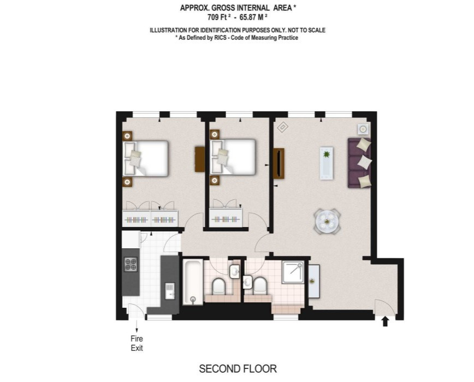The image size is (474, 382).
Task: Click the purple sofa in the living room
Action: (359, 163)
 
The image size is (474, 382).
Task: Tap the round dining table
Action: (327, 222)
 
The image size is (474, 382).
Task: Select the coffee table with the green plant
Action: (327, 163)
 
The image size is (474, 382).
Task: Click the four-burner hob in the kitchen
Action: (131, 264)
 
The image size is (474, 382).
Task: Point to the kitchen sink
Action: (170, 291)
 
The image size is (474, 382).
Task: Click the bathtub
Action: (193, 282)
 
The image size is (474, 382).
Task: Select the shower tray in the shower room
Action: (293, 272)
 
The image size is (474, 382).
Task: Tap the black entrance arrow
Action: (385, 321)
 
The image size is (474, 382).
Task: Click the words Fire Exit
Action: (137, 343)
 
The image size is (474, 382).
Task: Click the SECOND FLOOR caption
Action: (238, 369)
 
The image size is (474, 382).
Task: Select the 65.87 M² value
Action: (253, 17)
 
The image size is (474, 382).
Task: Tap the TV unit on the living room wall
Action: (279, 163)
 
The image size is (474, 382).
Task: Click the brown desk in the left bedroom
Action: (200, 159)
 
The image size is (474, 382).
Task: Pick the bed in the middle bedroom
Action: (233, 157)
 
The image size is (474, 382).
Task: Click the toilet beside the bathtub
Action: (219, 286)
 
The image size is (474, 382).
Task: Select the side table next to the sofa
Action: (363, 129)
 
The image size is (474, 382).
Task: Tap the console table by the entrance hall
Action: (314, 282)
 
